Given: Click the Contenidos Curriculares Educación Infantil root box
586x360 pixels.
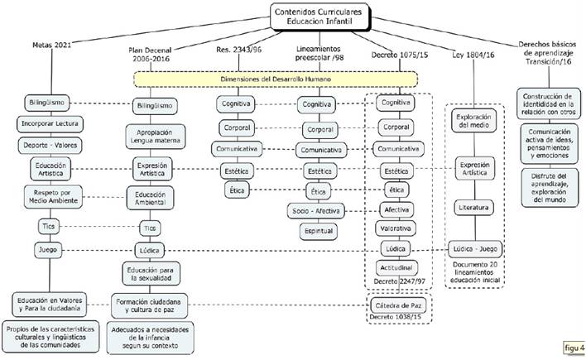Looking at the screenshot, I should click(x=318, y=15).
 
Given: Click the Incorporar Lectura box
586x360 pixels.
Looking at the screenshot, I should click(x=50, y=124).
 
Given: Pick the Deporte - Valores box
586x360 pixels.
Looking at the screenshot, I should click(x=50, y=145).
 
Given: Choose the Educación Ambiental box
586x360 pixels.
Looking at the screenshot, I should click(x=149, y=198).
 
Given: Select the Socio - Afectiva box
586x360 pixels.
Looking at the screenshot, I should click(x=316, y=210).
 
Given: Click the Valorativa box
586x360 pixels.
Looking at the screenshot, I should click(x=396, y=228).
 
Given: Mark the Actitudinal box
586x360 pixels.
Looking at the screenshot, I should click(x=396, y=269).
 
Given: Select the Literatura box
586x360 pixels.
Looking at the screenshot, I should click(x=476, y=208).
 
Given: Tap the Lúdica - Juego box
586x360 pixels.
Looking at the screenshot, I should click(x=476, y=249).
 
